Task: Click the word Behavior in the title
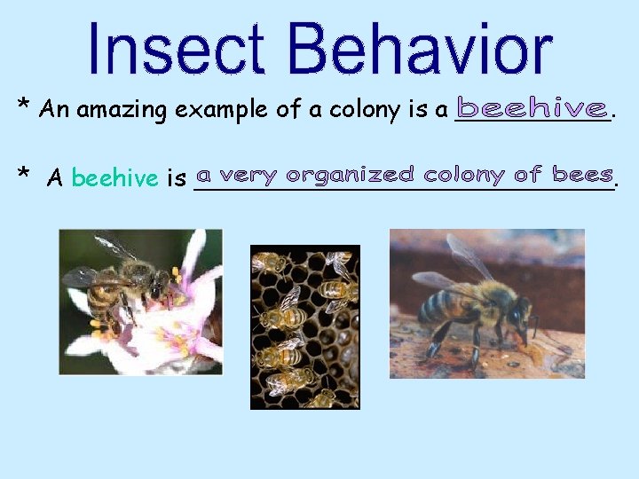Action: [x=421, y=49]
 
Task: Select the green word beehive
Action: [x=114, y=178]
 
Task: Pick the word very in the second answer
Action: [x=249, y=176]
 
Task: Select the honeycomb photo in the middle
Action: [x=304, y=326]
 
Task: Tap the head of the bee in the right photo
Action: [x=517, y=317]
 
